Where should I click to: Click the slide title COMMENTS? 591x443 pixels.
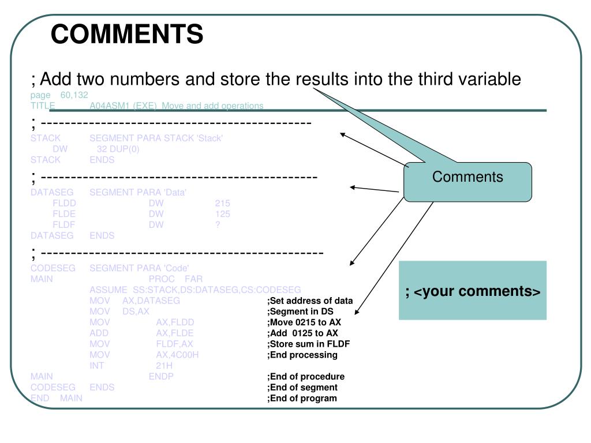coord(127,34)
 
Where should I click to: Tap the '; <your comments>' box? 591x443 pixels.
coord(473,291)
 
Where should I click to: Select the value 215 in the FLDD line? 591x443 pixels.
coord(222,203)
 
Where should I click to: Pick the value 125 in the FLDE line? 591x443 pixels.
coord(222,214)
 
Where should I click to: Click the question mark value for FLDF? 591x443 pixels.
coord(218,225)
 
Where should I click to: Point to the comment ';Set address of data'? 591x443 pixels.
coord(310,301)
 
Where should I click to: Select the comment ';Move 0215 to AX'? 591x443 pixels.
coord(304,322)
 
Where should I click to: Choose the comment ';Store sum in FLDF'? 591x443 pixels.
coord(309,344)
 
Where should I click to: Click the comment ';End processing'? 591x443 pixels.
coord(302,355)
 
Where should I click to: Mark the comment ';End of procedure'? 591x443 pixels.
coord(306,377)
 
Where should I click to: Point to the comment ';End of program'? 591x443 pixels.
coord(302,399)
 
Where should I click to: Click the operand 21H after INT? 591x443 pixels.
coord(164,366)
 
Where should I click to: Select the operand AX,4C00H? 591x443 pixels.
coord(177,355)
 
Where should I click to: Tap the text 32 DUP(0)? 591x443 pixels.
coord(118,149)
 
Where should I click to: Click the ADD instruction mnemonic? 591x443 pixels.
coord(99,333)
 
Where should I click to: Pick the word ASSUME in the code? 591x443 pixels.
coord(108,290)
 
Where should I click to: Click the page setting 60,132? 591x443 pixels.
coord(74,95)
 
